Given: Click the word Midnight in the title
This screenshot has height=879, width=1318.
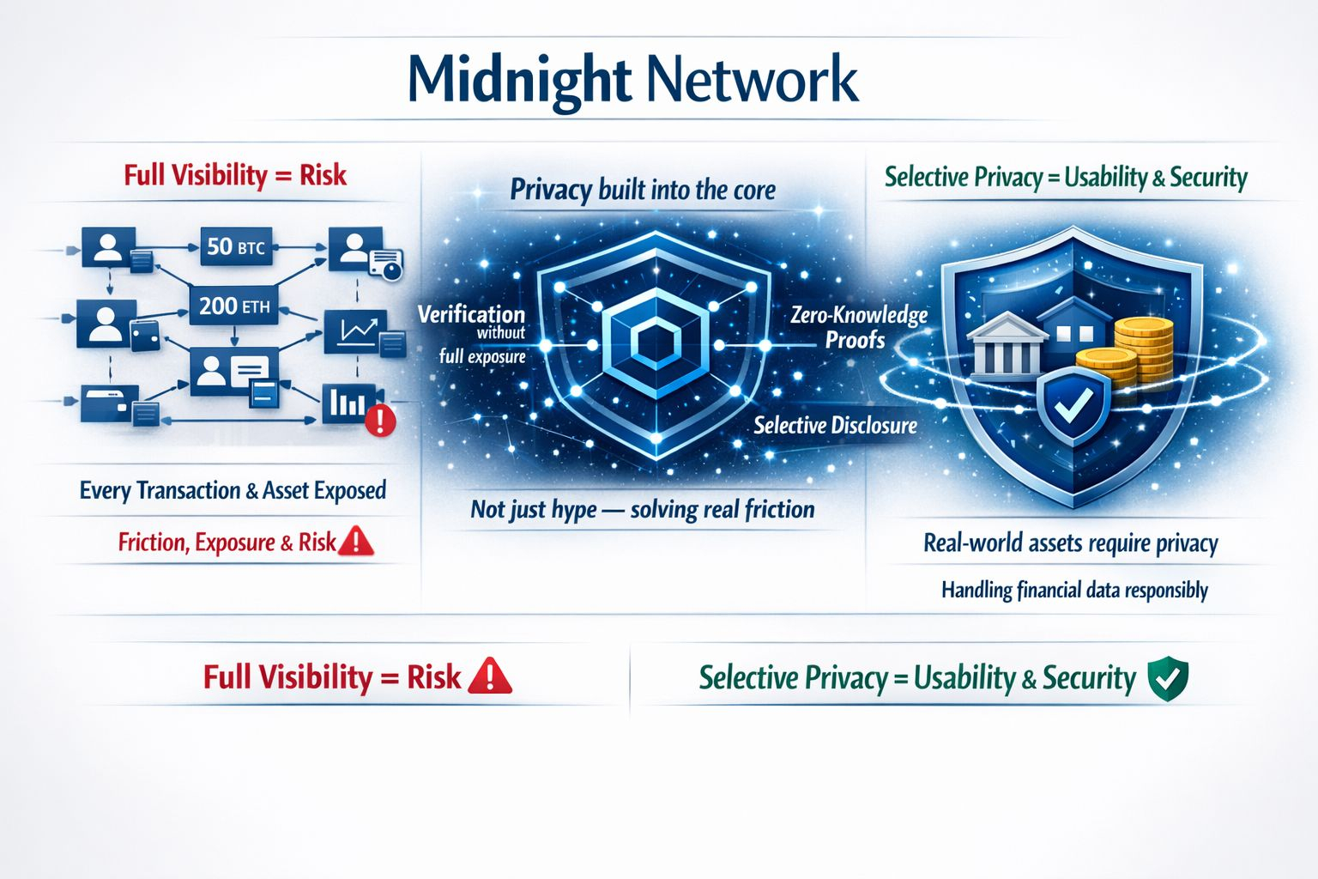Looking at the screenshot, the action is (518, 79).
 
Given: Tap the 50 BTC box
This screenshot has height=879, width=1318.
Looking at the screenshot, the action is (235, 247).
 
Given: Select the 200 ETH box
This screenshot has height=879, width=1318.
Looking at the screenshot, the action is (234, 305).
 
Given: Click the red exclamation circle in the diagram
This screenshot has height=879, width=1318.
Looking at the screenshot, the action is (380, 421).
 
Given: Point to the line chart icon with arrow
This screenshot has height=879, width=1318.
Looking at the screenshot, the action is (356, 330).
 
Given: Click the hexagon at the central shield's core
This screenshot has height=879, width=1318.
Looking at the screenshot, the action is (655, 343).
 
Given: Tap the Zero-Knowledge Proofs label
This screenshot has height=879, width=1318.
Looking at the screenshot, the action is (858, 327).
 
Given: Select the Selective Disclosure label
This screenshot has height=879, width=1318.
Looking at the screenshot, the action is (835, 425).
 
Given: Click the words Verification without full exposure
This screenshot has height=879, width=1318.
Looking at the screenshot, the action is (472, 334).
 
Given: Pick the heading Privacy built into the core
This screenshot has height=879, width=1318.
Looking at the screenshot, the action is (643, 190).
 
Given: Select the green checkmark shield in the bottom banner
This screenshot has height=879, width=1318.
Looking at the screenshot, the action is (1168, 678).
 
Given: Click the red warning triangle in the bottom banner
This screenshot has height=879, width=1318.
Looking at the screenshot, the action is (490, 676).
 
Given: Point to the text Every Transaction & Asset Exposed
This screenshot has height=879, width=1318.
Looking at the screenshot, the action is (233, 490).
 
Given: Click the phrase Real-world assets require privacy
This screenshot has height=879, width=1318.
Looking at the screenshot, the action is (1071, 543).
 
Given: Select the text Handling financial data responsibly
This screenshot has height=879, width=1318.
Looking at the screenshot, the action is (1074, 590).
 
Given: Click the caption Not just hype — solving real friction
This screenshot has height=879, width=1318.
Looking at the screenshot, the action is (643, 510).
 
